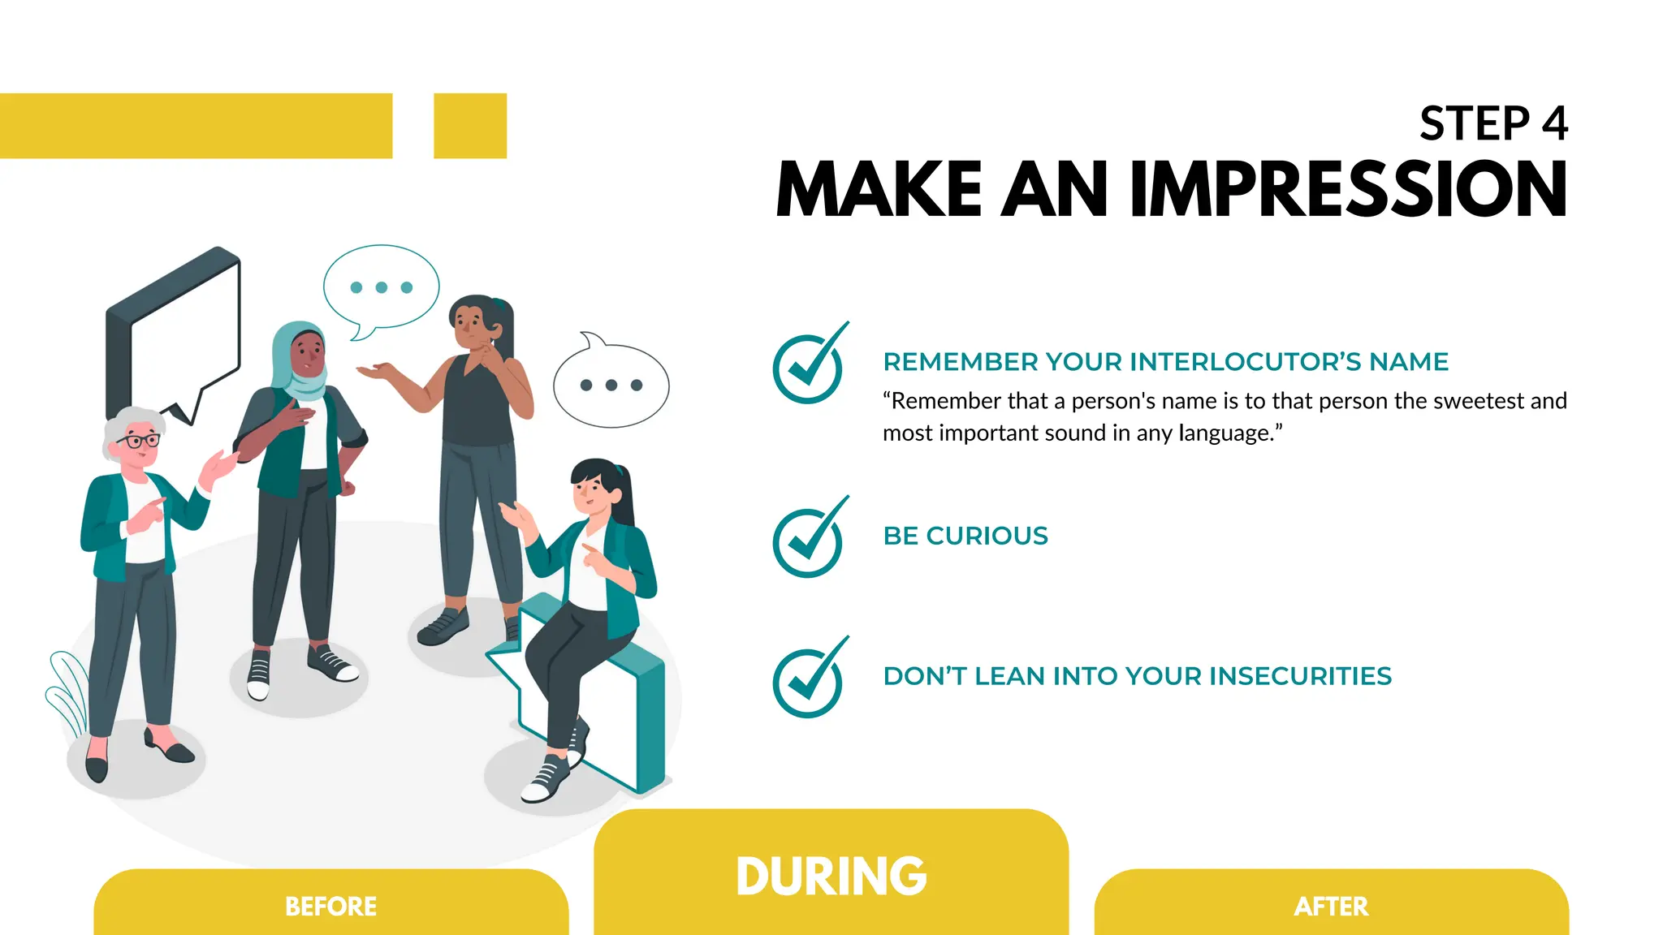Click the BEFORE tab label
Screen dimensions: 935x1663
[x=330, y=906]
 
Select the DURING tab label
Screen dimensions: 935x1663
[x=831, y=876]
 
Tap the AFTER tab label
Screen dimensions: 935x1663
[x=1331, y=906]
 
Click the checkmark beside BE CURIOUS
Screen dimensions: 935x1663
[x=808, y=541]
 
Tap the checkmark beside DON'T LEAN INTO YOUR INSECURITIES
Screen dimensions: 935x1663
[x=808, y=680]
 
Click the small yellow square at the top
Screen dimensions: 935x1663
[x=470, y=126]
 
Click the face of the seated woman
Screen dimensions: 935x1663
[x=591, y=490]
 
